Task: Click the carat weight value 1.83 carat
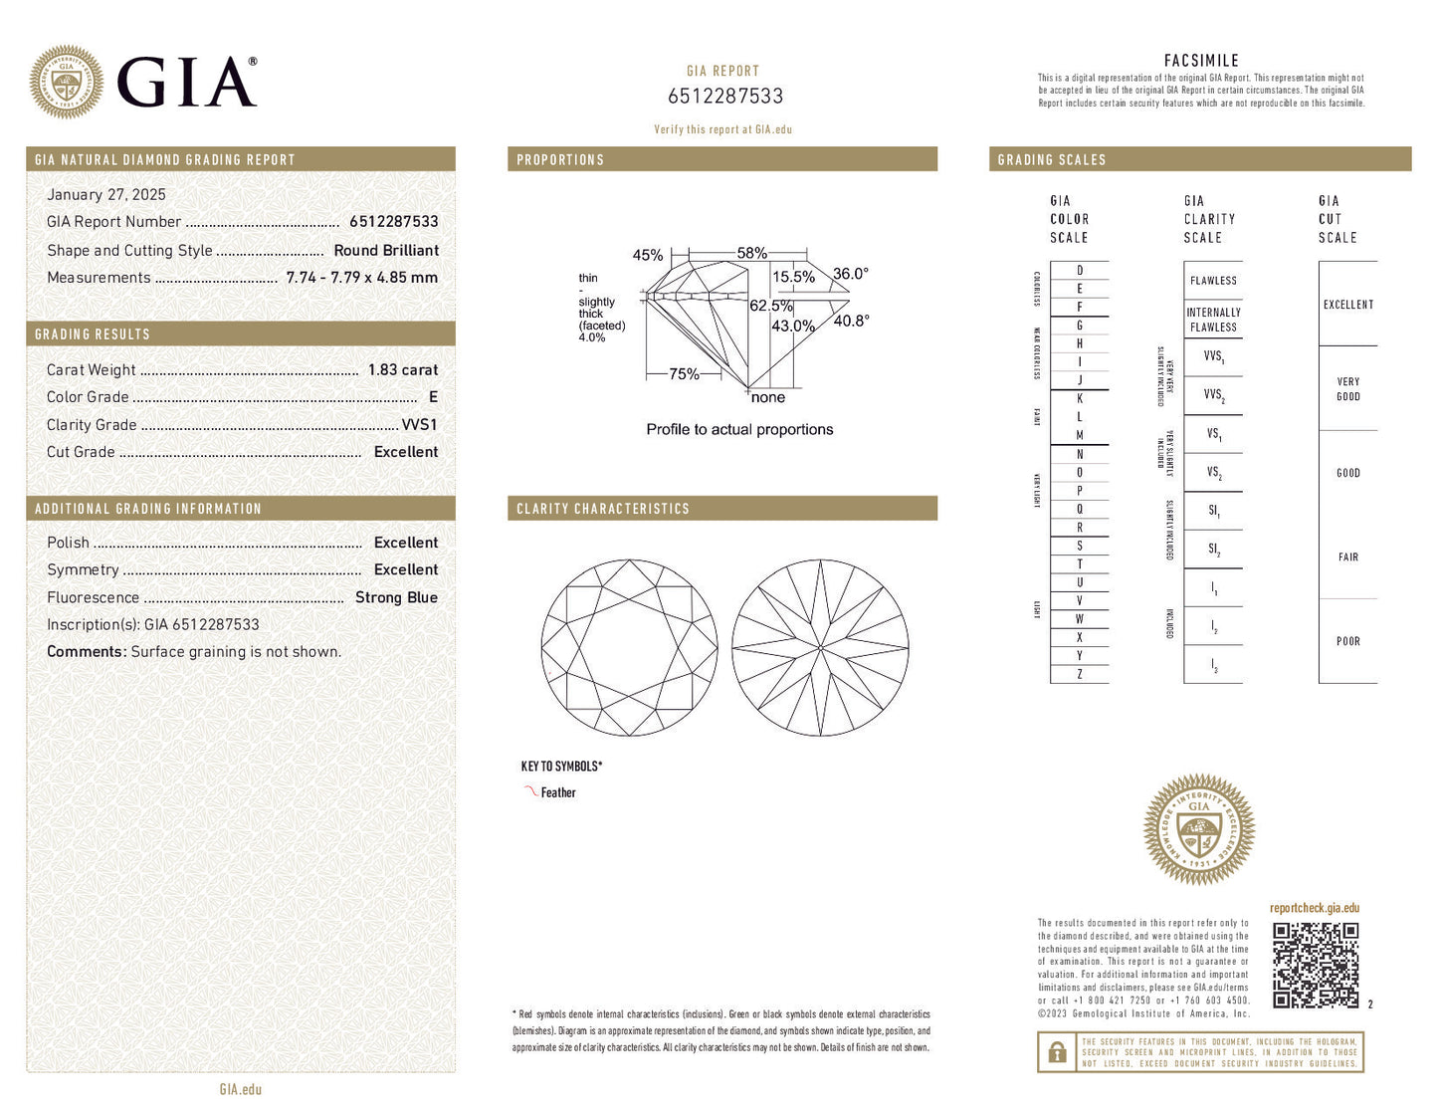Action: click(402, 369)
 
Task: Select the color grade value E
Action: click(433, 397)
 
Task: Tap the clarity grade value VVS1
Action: click(419, 424)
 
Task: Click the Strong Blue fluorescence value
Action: click(396, 597)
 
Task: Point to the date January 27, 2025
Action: click(106, 195)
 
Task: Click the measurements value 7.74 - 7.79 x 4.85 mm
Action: click(361, 278)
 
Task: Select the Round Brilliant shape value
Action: click(386, 251)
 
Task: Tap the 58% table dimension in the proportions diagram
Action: click(751, 253)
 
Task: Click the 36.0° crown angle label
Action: click(851, 274)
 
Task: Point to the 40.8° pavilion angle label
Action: click(851, 321)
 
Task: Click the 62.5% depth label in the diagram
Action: click(771, 306)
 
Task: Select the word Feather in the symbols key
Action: click(558, 793)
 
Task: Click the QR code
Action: click(1316, 965)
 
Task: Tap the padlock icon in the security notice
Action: click(1056, 1051)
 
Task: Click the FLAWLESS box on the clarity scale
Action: click(1213, 281)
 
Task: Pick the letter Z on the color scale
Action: click(1080, 675)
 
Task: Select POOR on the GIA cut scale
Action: click(1347, 642)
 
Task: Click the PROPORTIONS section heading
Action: click(560, 159)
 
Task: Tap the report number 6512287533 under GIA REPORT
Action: click(724, 97)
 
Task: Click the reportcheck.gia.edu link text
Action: click(1314, 908)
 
